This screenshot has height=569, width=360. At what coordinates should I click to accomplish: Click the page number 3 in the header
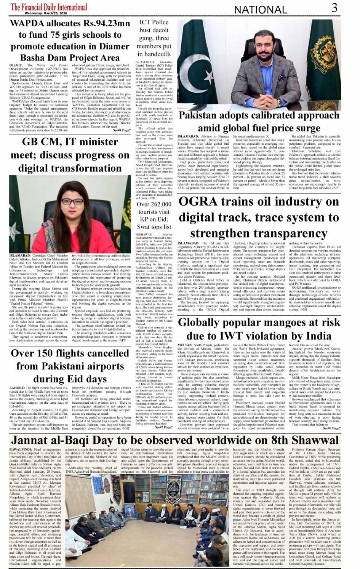pyautogui.click(x=334, y=8)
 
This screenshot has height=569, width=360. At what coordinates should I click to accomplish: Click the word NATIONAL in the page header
pyautogui.click(x=261, y=10)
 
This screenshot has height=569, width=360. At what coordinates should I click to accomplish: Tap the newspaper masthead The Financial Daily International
pyautogui.click(x=49, y=6)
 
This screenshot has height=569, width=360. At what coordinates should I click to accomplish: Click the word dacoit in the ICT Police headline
pyautogui.click(x=161, y=30)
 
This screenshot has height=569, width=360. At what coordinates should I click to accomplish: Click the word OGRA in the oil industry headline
pyautogui.click(x=198, y=202)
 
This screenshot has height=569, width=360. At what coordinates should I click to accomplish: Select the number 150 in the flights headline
pyautogui.click(x=45, y=353)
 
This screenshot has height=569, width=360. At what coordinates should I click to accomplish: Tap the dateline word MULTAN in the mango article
pyautogui.click(x=185, y=345)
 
